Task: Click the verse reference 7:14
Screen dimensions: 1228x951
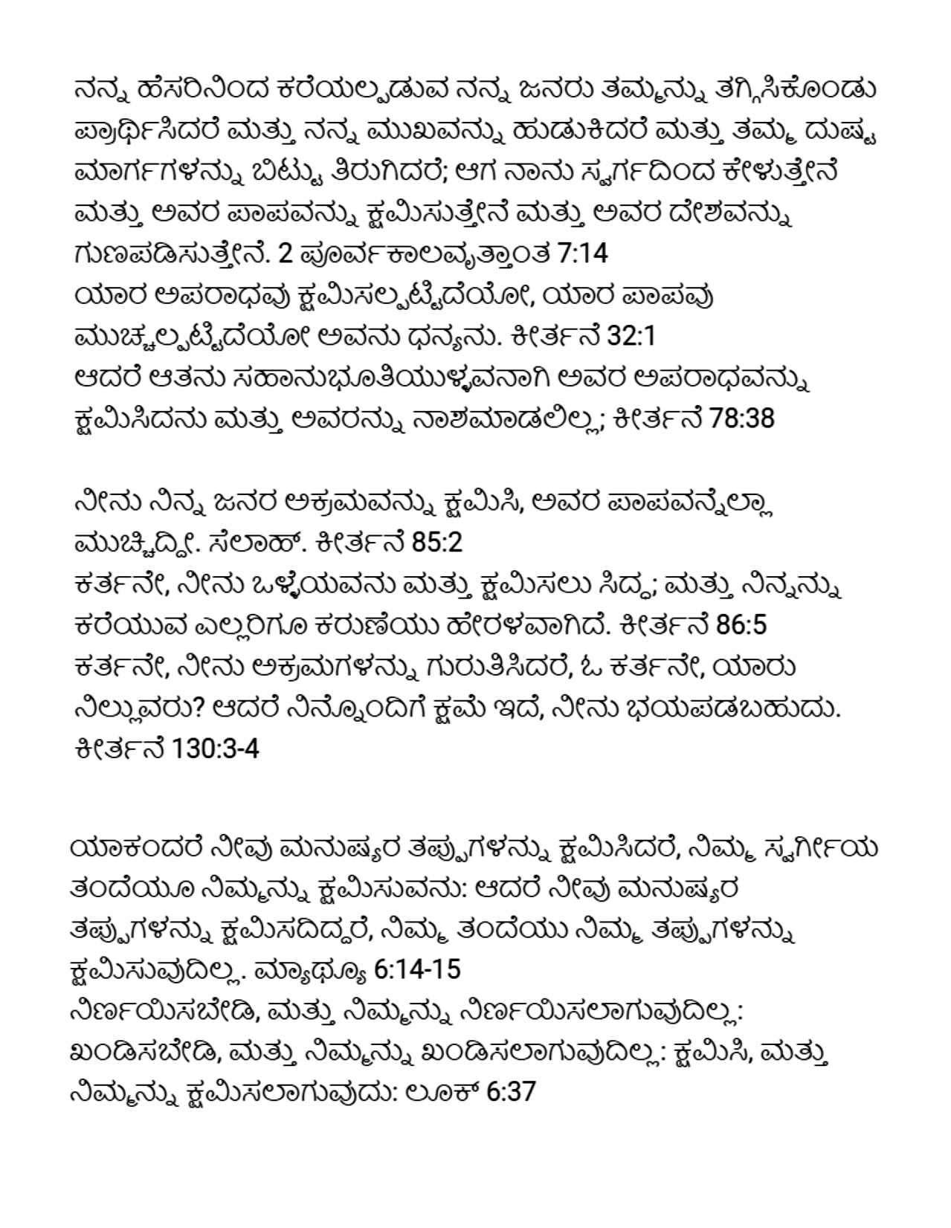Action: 581,254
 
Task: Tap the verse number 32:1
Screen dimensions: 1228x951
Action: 631,337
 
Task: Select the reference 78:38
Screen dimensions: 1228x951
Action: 742,419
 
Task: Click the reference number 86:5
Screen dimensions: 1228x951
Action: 741,625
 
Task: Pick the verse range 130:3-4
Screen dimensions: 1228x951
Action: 215,749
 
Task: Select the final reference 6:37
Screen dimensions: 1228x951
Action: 511,1093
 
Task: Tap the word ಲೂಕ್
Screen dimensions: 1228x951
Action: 443,1093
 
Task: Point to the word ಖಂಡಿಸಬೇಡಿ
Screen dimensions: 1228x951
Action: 144,1052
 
